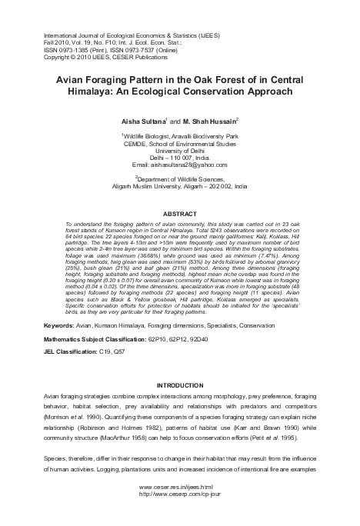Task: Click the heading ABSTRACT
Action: (x=179, y=212)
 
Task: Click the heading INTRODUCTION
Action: (x=179, y=384)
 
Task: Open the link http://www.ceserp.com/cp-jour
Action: (x=179, y=516)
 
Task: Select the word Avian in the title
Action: (x=73, y=79)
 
